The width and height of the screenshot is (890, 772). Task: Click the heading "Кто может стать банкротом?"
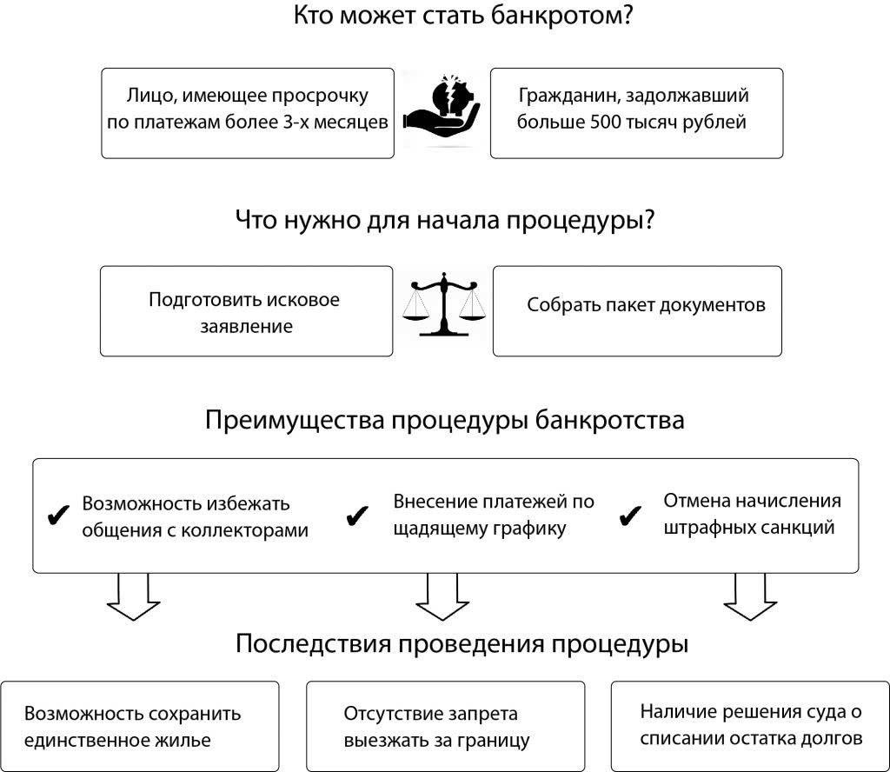462,17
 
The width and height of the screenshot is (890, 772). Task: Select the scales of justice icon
443,304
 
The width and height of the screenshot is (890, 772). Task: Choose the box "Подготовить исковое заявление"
246,311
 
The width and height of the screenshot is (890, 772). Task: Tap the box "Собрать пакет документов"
637,311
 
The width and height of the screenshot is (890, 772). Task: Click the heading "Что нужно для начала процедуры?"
444,220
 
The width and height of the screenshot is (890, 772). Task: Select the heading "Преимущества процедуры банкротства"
444,421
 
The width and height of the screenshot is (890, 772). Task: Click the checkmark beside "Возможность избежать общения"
57,516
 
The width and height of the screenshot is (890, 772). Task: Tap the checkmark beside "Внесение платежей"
356,516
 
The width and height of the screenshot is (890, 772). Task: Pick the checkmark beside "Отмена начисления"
628,516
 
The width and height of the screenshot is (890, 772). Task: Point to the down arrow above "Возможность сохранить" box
133,599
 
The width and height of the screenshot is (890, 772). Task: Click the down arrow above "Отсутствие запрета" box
442,599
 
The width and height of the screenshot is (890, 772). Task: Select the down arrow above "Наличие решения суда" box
750,599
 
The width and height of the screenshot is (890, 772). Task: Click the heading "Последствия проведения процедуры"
462,645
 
